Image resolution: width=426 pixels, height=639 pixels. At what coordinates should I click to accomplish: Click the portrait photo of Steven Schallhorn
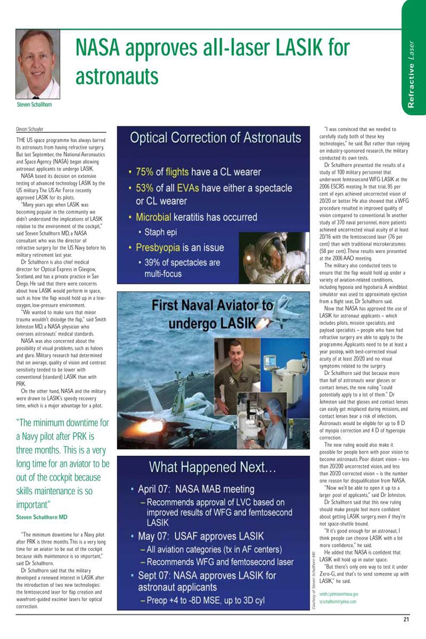pos(38,64)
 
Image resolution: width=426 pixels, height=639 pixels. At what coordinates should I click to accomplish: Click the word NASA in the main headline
pos(104,48)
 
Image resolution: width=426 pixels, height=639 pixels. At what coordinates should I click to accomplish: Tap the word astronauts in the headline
pos(117,76)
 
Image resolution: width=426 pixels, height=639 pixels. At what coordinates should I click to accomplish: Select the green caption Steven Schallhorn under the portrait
pos(34,105)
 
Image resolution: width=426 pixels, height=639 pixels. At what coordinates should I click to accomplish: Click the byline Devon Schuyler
pos(30,129)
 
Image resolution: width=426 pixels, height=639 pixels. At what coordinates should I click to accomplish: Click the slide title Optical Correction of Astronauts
pos(216,138)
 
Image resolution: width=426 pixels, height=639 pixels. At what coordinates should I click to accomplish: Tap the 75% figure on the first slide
pos(145,172)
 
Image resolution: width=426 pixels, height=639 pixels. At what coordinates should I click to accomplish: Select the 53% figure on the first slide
pos(145,188)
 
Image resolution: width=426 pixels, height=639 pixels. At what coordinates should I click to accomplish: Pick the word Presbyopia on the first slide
pos(160,248)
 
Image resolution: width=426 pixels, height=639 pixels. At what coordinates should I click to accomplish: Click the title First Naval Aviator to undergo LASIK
pos(212,314)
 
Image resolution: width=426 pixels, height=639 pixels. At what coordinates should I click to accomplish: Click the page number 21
pos(406,619)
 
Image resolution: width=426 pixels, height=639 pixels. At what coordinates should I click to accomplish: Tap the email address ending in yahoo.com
pos(338,601)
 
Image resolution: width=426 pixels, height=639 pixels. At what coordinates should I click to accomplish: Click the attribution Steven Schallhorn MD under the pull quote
pos(42,517)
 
